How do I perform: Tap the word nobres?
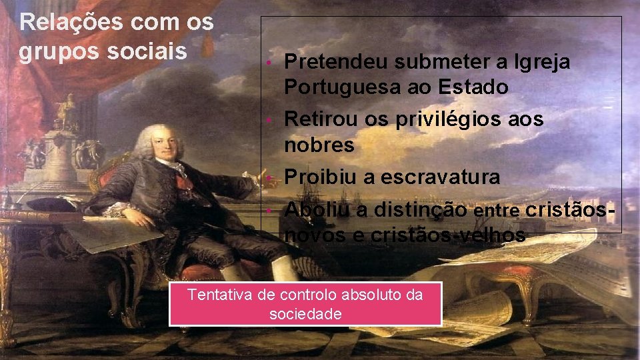[316, 144]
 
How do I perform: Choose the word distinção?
[419, 210]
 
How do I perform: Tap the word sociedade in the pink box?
[305, 313]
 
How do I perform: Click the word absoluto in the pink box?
[370, 295]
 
